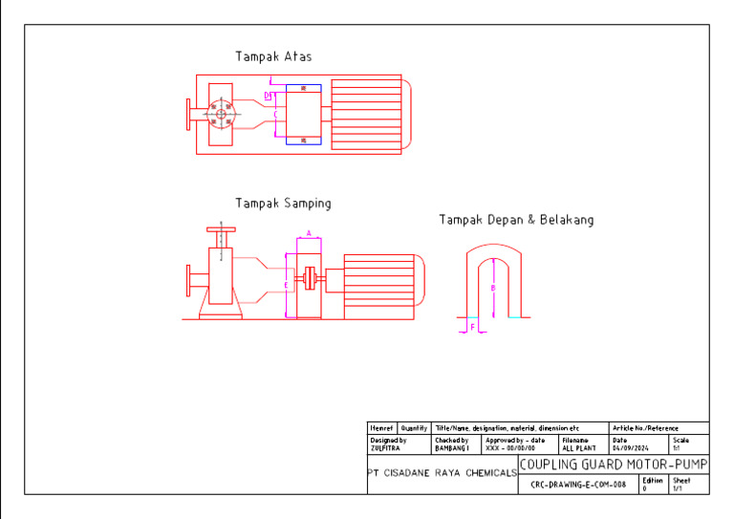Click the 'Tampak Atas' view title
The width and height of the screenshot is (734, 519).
tap(273, 57)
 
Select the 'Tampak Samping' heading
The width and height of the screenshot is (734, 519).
tap(283, 204)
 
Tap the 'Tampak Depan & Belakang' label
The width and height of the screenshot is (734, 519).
tap(516, 220)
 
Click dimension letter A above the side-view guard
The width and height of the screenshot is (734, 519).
tap(308, 233)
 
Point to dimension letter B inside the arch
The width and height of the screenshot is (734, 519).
tap(493, 287)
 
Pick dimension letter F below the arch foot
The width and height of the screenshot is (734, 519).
tap(472, 327)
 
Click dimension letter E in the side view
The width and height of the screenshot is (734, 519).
tap(285, 285)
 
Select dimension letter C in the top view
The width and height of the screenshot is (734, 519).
tap(275, 115)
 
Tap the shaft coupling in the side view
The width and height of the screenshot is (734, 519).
tap(309, 280)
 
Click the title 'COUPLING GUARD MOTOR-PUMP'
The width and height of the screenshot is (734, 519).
tap(613, 465)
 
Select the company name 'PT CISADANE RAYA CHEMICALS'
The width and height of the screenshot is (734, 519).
tap(443, 473)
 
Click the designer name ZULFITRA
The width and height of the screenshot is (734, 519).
tap(383, 447)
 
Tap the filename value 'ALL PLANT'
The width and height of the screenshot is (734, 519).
tap(578, 447)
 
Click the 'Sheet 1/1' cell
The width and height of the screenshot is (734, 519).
tap(681, 484)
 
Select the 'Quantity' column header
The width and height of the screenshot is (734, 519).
tap(414, 428)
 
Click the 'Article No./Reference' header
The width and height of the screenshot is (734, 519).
tap(644, 428)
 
